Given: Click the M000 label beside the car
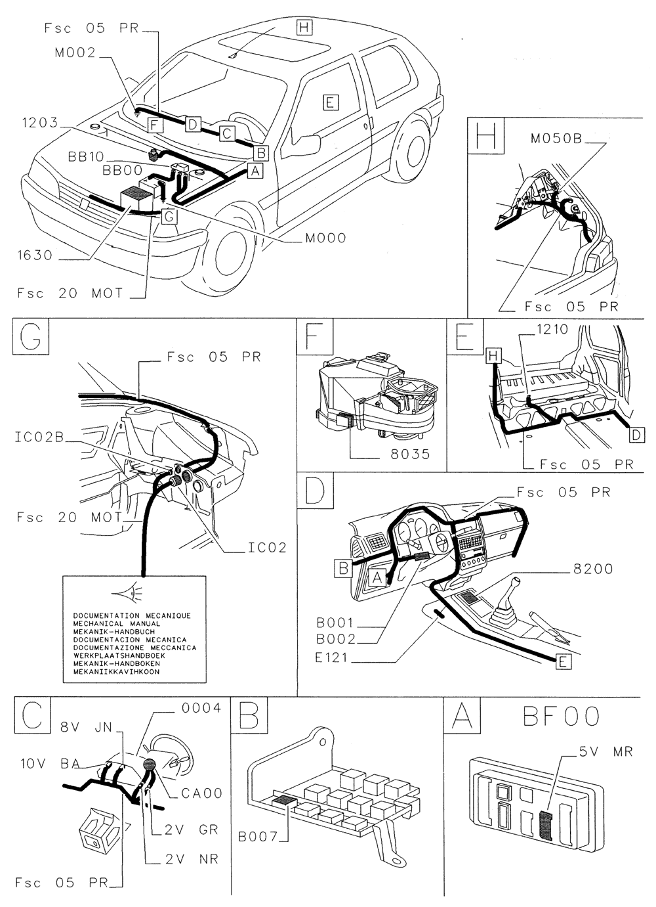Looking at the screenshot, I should click(325, 238).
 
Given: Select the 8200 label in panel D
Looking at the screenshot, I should click(592, 569).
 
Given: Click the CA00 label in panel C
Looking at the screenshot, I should click(200, 793).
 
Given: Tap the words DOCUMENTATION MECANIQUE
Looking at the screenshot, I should click(132, 616).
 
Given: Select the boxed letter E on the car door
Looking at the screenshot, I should click(330, 102).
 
